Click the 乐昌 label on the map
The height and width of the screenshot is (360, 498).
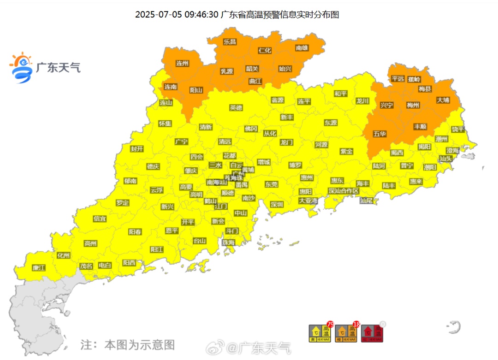pos(230,42)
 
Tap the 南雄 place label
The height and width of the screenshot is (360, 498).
pos(302,48)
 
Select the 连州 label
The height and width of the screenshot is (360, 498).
pos(183,63)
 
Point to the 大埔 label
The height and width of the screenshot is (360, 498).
pos(443,100)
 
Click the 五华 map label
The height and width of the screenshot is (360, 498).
pos(379,134)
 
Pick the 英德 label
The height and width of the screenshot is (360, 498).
pos(236,108)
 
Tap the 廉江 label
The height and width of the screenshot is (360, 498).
pos(39,268)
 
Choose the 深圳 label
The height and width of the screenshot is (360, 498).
pos(277,204)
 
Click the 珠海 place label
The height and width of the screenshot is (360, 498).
pos(228,242)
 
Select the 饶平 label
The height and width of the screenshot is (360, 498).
pos(458,129)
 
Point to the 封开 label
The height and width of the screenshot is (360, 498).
pos(137,149)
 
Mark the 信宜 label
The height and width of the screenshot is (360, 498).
pos(100,218)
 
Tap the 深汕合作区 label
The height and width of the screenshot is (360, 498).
pos(344,191)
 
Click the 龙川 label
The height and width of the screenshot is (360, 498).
pos(362,101)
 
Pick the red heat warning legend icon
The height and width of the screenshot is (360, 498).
pos(373,333)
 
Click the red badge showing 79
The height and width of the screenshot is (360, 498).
pos(330,324)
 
